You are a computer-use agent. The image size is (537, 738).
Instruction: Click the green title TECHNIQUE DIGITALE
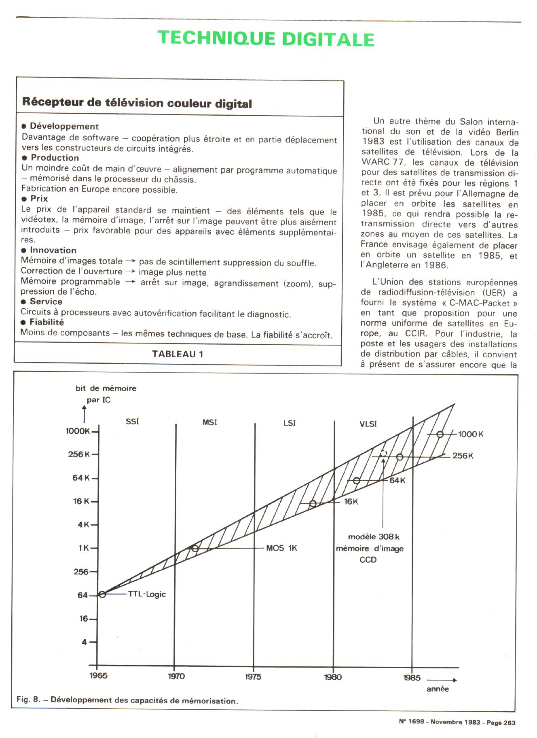click(266, 39)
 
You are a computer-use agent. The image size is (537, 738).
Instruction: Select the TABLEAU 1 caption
click(178, 354)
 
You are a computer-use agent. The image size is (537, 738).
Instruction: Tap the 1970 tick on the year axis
click(176, 676)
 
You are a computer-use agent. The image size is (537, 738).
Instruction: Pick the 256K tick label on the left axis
click(78, 454)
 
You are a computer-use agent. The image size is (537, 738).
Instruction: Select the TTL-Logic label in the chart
click(147, 594)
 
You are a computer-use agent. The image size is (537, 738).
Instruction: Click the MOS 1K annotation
click(281, 548)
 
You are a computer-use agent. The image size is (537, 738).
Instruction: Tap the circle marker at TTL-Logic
click(102, 594)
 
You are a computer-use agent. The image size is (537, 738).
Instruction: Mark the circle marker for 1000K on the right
click(440, 434)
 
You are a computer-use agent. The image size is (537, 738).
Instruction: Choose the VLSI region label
click(368, 424)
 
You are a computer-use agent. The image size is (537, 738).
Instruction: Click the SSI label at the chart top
click(132, 421)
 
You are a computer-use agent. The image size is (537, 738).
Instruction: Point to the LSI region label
click(289, 423)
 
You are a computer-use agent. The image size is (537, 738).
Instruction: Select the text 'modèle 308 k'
click(374, 537)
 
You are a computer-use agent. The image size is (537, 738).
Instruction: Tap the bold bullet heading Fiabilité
click(47, 322)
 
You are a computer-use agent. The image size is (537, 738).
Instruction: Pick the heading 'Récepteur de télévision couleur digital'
click(137, 103)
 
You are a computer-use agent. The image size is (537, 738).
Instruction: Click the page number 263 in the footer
click(509, 723)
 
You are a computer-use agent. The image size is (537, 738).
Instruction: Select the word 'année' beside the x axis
click(438, 689)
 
